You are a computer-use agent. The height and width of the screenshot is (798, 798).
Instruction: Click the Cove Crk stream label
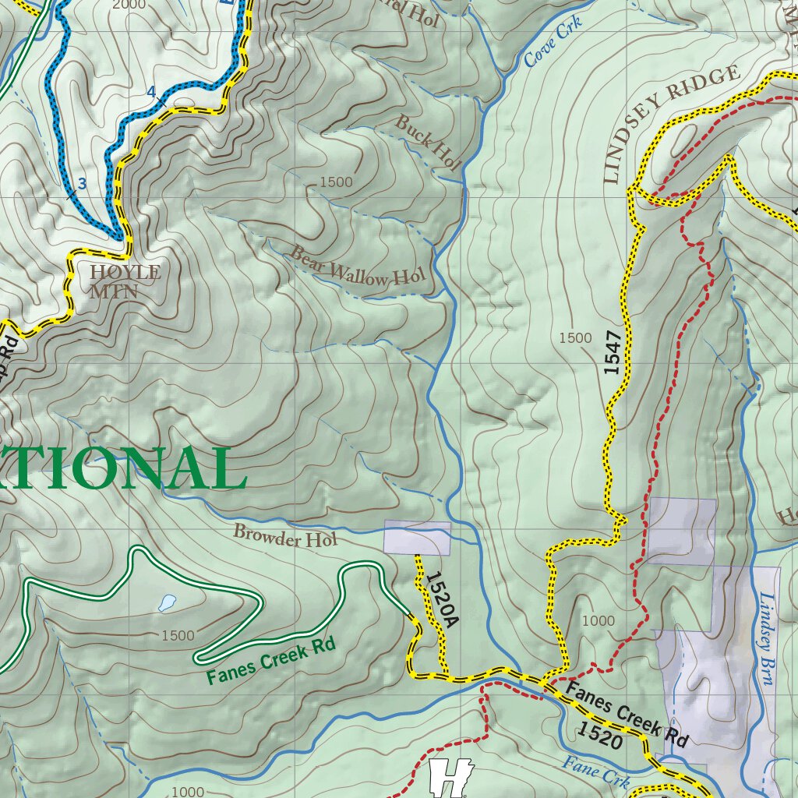pyautogui.click(x=553, y=42)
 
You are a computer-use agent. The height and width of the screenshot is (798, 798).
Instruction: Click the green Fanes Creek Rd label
pyautogui.click(x=270, y=661)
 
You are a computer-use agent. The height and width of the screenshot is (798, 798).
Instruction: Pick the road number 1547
pyautogui.click(x=614, y=353)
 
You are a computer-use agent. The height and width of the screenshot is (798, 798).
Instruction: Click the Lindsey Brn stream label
pyautogui.click(x=766, y=638)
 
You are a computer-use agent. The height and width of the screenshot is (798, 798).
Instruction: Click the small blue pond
pyautogui.click(x=167, y=602)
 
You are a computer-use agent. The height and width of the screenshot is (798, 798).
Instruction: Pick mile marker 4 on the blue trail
pyautogui.click(x=151, y=92)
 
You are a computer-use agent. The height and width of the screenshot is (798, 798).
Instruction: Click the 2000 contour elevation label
pyautogui.click(x=129, y=5)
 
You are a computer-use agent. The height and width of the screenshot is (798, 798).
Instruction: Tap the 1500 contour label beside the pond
pyautogui.click(x=178, y=635)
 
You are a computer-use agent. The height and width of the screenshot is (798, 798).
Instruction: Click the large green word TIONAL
pyautogui.click(x=117, y=470)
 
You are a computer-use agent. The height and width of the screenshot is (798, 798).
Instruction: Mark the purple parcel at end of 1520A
pyautogui.click(x=417, y=538)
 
